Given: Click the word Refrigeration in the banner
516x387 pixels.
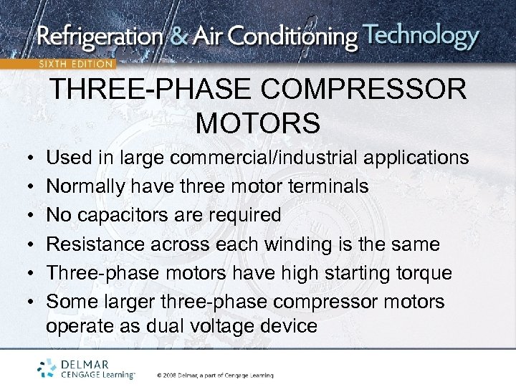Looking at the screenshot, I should point(98,37).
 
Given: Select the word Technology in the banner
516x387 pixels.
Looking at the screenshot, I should point(421,35).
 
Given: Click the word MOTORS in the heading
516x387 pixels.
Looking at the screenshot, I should point(257,123).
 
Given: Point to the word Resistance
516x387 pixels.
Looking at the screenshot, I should point(95,244).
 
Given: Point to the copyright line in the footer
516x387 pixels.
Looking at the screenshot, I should point(215,375).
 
